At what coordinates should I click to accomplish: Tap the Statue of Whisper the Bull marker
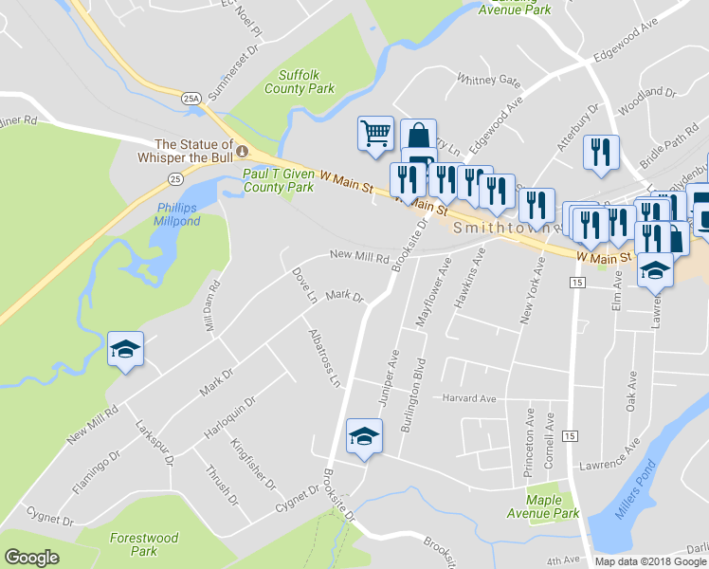click(x=242, y=152)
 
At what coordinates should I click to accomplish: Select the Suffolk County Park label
click(x=306, y=82)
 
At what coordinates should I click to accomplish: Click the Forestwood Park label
click(x=143, y=543)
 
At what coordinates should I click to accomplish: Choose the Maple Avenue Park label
click(x=553, y=506)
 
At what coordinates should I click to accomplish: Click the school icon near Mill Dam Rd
click(x=126, y=351)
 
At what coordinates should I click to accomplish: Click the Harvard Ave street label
click(x=468, y=398)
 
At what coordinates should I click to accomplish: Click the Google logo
click(x=31, y=558)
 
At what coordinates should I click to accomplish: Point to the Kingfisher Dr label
click(x=257, y=470)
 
